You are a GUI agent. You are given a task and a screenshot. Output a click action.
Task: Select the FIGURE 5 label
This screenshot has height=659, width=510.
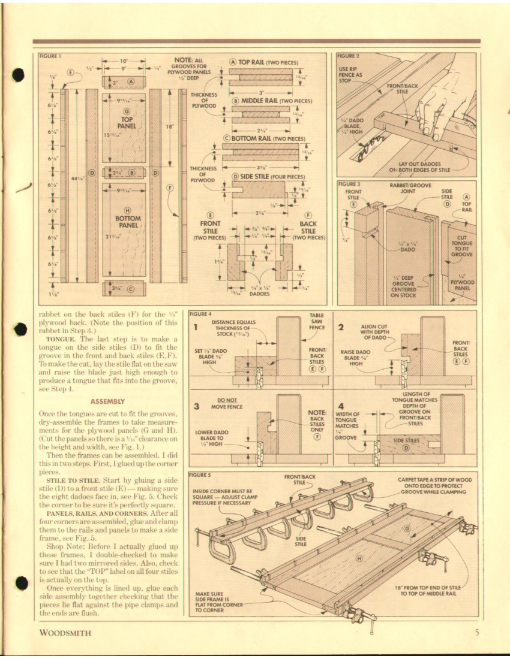coord(200,475)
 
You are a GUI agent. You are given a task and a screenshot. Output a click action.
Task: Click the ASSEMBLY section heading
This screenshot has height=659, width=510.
coord(109,401)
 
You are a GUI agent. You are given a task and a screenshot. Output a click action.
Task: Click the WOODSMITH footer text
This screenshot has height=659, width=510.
coord(66,633)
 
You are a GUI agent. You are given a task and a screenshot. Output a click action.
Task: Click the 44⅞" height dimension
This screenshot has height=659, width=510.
coord(76,178)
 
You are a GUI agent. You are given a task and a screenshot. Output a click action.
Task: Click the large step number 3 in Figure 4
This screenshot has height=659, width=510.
coord(196,406)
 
